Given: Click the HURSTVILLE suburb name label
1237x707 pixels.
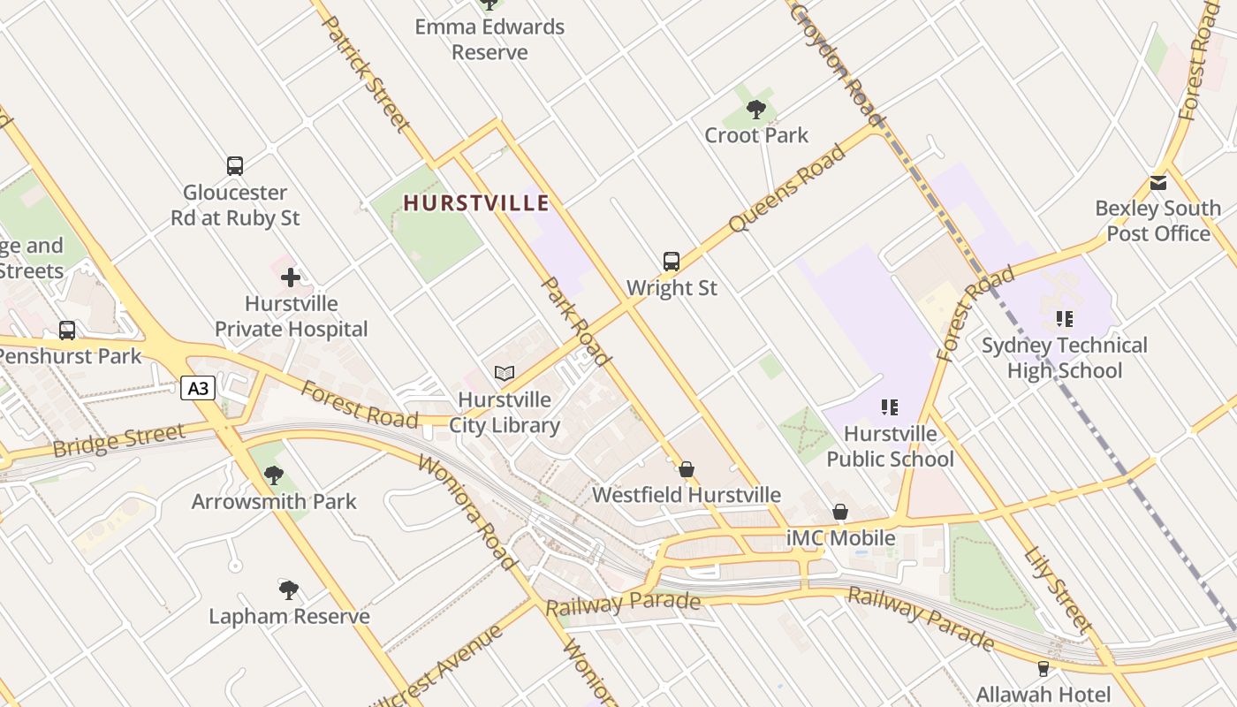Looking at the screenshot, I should pyautogui.click(x=476, y=203).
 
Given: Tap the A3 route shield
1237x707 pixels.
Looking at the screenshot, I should pyautogui.click(x=198, y=388).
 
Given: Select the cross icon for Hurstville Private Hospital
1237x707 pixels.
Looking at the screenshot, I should pyautogui.click(x=291, y=277).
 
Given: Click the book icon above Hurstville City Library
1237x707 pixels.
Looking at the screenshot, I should pyautogui.click(x=505, y=374).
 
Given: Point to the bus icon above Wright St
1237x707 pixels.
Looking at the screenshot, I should pyautogui.click(x=672, y=262).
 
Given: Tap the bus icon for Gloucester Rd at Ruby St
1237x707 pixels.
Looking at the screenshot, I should pyautogui.click(x=235, y=166).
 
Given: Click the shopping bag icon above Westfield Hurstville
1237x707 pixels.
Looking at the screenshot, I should pyautogui.click(x=687, y=469).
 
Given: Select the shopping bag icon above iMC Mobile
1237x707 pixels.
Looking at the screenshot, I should pyautogui.click(x=840, y=513).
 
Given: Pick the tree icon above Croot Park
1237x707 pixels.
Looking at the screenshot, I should pyautogui.click(x=756, y=110).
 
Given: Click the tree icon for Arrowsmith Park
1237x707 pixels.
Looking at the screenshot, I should pyautogui.click(x=274, y=475).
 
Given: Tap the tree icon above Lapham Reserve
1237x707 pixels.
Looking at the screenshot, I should pyautogui.click(x=288, y=589).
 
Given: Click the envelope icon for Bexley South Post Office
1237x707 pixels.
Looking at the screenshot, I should pyautogui.click(x=1157, y=183).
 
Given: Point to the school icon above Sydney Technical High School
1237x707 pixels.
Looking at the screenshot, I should pyautogui.click(x=1064, y=319).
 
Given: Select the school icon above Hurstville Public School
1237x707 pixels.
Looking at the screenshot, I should pyautogui.click(x=889, y=407).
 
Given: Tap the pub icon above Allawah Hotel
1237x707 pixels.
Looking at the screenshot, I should pyautogui.click(x=1043, y=669).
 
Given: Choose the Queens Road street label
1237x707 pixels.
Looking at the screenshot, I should pyautogui.click(x=786, y=189).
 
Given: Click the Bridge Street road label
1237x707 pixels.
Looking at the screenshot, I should pyautogui.click(x=119, y=440).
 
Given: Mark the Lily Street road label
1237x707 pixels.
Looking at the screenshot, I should pyautogui.click(x=1059, y=589).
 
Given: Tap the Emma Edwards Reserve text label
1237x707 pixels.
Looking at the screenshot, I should pyautogui.click(x=489, y=40).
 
